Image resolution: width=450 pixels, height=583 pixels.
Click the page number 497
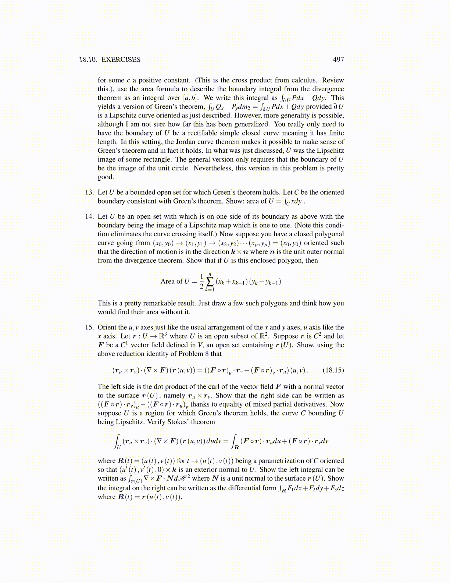[x=338, y=60]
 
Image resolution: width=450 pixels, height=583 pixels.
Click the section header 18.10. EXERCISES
[x=110, y=60]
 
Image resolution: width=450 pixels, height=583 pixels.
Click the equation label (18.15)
[x=333, y=370]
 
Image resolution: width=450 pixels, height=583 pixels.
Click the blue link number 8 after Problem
[x=207, y=354]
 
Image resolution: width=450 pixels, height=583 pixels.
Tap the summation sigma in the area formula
[x=210, y=282]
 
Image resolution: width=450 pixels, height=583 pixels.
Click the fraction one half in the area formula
[x=201, y=282]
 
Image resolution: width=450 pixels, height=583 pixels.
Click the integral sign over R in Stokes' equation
[x=233, y=441]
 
